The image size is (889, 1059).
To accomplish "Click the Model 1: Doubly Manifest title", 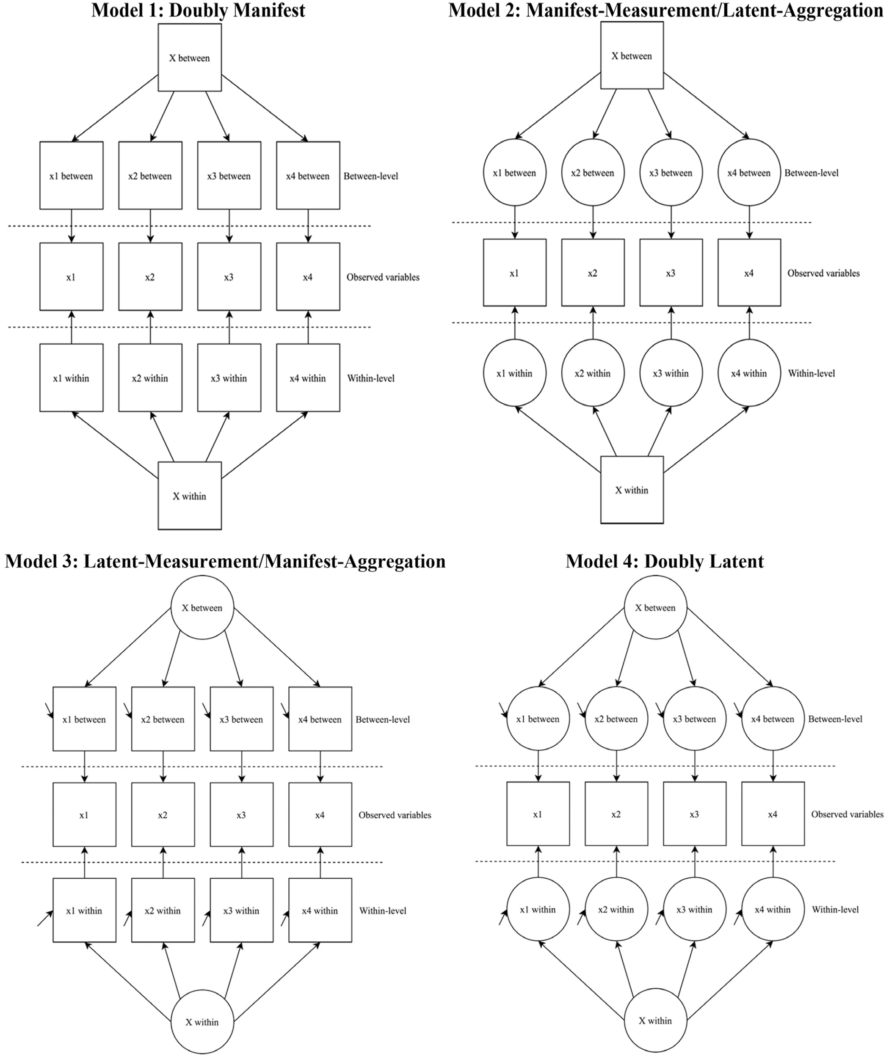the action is pos(198,10).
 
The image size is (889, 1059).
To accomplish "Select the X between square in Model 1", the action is pos(190,58).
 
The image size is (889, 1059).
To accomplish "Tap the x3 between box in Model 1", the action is pos(229,176).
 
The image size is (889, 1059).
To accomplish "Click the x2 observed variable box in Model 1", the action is pos(150,277).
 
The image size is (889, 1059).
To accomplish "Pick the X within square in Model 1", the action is pos(190,496).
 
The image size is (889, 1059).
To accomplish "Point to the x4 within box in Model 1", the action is pos(308,378).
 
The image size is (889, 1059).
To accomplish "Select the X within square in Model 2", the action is pos(632,490).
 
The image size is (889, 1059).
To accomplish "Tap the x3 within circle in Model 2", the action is pos(671,373).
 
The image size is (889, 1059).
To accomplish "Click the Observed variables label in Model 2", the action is pos(823,273).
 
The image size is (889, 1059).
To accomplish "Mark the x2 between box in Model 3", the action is pos(163,719).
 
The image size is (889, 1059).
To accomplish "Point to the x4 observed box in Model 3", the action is pos(320,815).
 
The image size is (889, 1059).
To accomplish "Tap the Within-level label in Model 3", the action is pos(383,911).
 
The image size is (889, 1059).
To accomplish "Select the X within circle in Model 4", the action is pos(655,1020).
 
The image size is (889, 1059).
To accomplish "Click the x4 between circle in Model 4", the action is pos(773,719).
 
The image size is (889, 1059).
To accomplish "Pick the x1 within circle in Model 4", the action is pos(538,909).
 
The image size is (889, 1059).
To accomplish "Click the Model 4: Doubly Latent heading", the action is pos(665,561).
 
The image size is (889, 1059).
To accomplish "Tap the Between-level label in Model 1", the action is pos(370,176).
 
